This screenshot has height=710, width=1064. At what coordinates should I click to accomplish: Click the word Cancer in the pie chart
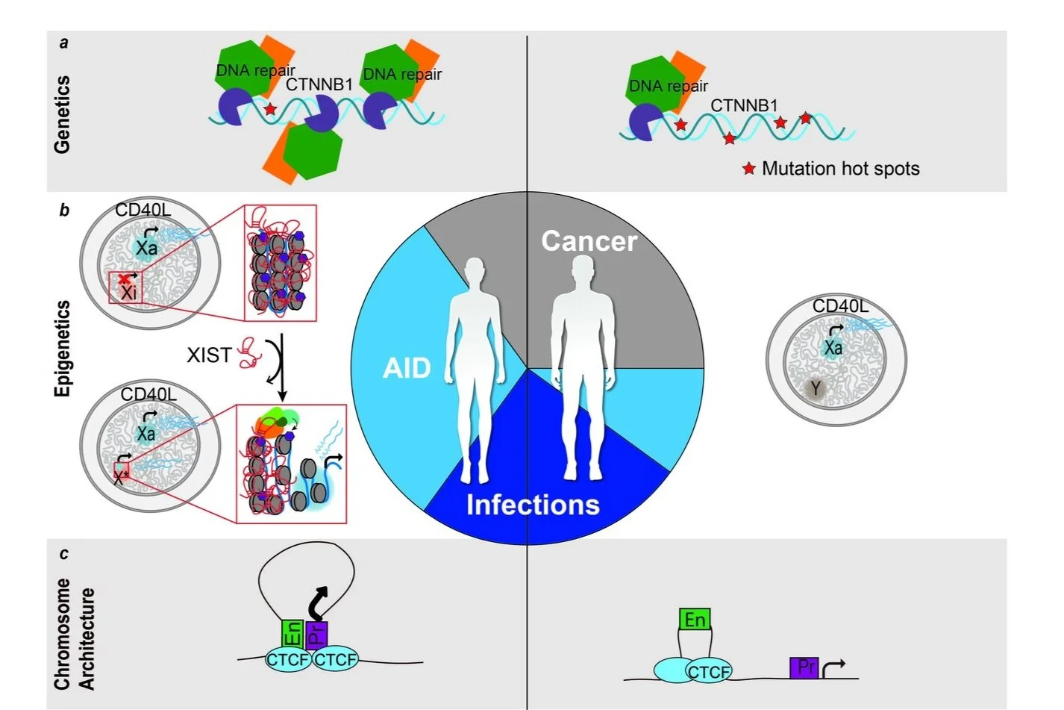tap(589, 241)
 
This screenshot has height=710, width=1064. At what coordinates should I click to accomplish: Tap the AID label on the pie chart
tap(407, 368)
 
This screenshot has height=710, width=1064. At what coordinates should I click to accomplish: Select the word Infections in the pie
tap(533, 504)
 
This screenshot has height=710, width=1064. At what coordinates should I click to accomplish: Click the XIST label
tap(209, 355)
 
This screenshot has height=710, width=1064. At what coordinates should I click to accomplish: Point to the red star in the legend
tap(749, 168)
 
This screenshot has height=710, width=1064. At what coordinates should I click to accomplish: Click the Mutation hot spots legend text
tap(841, 169)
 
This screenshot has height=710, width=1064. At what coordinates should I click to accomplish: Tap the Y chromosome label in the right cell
tap(816, 388)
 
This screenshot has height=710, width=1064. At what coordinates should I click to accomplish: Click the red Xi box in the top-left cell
tap(125, 288)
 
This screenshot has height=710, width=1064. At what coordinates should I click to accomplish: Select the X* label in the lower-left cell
tap(121, 476)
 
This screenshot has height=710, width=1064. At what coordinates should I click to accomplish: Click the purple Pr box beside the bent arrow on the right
tap(804, 667)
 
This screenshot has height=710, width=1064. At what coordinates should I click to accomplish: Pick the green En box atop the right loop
tap(695, 619)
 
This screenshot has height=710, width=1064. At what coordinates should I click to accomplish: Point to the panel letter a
tap(64, 43)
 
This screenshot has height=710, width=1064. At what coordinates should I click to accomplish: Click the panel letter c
tap(64, 554)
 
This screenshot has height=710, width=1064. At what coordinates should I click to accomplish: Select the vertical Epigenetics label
tap(62, 349)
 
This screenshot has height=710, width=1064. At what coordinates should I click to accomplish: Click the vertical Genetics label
tap(62, 114)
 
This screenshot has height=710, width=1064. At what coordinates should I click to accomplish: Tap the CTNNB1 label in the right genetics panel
tap(744, 105)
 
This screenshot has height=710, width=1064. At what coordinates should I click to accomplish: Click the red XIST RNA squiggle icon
tap(250, 352)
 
